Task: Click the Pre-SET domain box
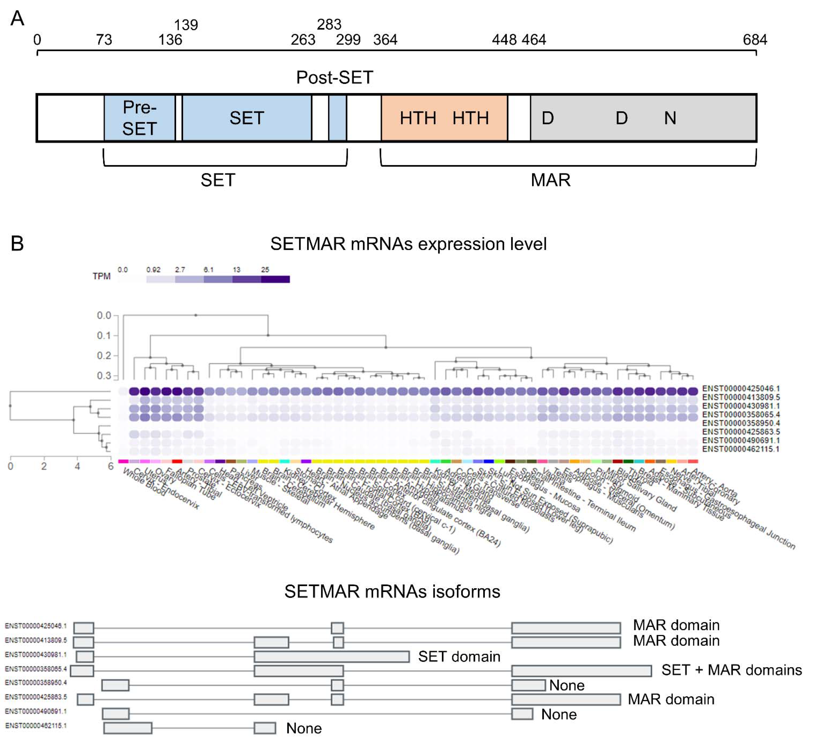pyautogui.click(x=139, y=118)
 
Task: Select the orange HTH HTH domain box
pyautogui.click(x=444, y=118)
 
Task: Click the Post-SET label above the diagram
pyautogui.click(x=334, y=77)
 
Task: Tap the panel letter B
pyautogui.click(x=17, y=244)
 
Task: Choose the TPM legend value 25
pyautogui.click(x=265, y=270)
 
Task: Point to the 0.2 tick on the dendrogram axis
pyautogui.click(x=104, y=356)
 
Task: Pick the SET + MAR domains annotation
pyautogui.click(x=731, y=670)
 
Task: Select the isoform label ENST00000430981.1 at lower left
pyautogui.click(x=36, y=655)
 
